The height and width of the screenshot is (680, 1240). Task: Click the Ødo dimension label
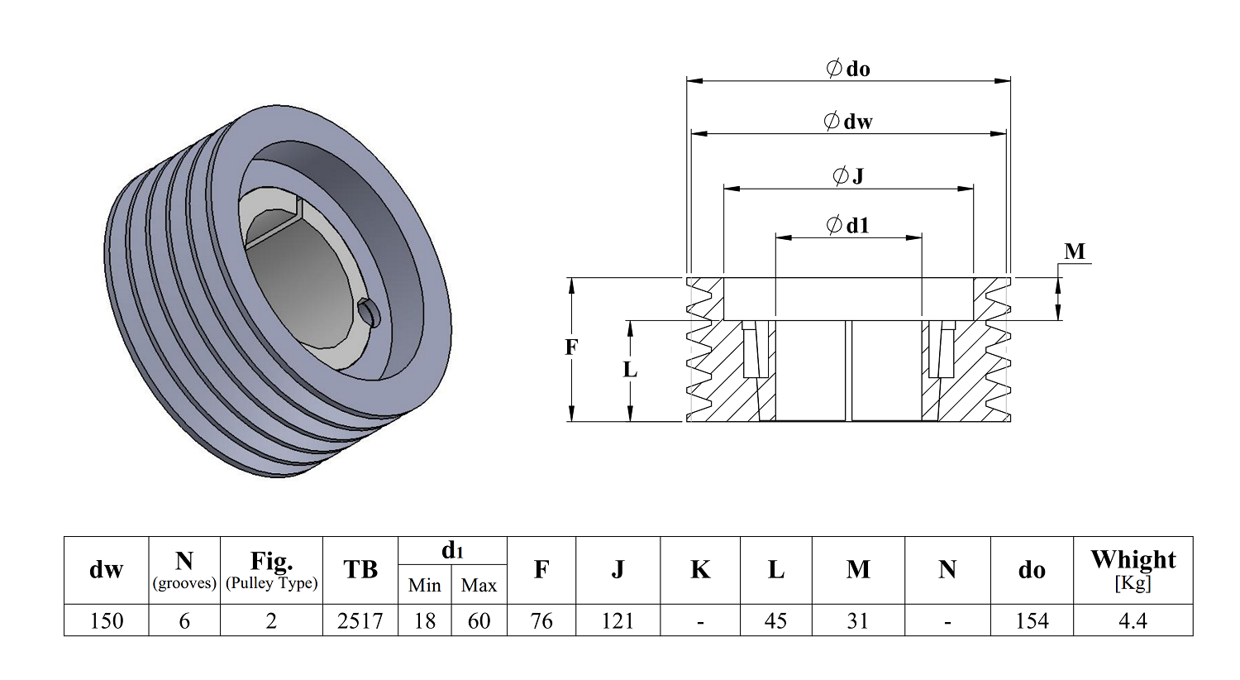(848, 69)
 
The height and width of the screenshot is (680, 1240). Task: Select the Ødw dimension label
(848, 122)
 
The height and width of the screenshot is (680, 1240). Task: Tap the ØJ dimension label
(848, 175)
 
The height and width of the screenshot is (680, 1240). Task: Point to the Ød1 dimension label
(848, 225)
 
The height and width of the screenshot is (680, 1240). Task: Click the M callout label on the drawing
(1075, 251)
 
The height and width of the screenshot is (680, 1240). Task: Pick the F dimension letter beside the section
(571, 347)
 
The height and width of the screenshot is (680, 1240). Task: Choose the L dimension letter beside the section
(630, 370)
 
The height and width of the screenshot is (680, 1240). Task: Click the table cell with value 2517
(360, 620)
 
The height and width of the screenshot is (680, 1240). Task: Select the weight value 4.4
(1133, 620)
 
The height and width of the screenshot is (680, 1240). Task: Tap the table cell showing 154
(1032, 620)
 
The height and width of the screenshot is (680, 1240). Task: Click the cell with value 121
(618, 620)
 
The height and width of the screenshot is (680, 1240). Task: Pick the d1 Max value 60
(479, 620)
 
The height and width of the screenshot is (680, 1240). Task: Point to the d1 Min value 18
(424, 620)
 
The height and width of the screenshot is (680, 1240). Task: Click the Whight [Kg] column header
(1133, 569)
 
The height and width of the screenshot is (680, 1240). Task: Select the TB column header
(360, 569)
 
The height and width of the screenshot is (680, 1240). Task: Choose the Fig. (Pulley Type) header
(271, 569)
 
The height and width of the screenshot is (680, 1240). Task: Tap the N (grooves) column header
(184, 569)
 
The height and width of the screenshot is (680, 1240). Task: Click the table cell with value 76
(541, 620)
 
